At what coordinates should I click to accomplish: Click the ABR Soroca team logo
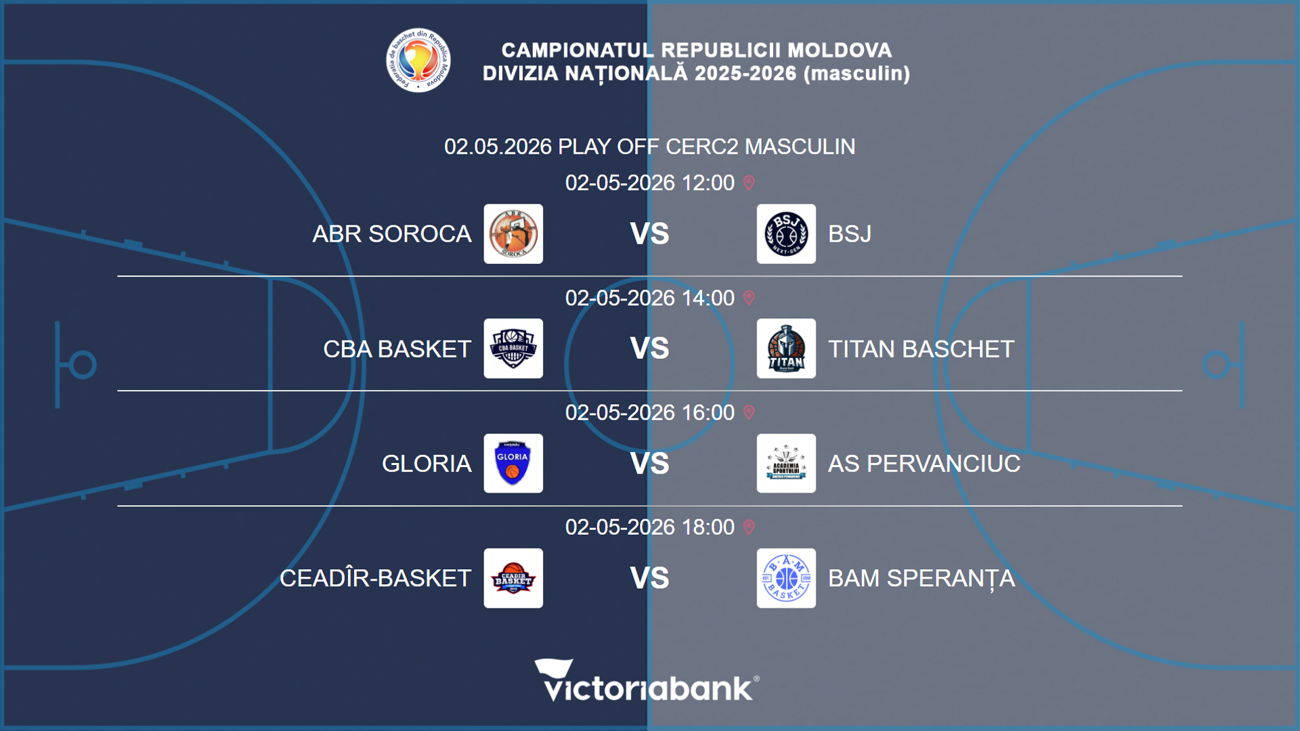[513, 234]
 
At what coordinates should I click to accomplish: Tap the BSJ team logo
[786, 234]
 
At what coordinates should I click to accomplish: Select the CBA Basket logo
[513, 349]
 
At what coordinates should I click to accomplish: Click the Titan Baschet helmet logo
[786, 349]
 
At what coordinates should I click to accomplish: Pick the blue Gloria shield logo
[513, 464]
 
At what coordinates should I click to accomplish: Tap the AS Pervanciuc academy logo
[786, 464]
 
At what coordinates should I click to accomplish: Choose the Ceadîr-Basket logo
[513, 578]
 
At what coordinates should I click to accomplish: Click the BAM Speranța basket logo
[786, 578]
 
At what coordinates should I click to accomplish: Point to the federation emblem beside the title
[418, 60]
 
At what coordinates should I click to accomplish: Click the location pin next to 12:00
[749, 183]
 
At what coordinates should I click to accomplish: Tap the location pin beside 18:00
[749, 527]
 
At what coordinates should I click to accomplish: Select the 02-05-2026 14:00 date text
[649, 298]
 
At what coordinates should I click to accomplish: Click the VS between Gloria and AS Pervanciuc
[649, 464]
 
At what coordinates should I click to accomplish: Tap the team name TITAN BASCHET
[921, 349]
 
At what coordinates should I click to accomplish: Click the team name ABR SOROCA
[391, 234]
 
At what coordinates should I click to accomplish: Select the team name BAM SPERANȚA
[921, 579]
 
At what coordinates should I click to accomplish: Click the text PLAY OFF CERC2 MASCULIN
[706, 147]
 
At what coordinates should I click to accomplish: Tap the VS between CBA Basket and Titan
[649, 349]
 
